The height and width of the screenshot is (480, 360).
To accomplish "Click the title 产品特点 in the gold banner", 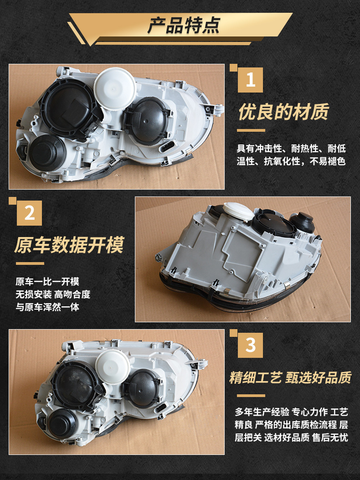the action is click(184, 26).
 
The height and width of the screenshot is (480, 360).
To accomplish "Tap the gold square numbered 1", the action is click(251, 80).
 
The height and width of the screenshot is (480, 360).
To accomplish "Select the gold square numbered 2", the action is click(29, 213).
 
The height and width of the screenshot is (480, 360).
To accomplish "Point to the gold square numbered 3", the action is click(251, 345).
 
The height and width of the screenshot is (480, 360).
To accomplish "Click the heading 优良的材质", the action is click(283, 112).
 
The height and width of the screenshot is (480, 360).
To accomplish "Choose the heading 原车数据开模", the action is click(69, 245).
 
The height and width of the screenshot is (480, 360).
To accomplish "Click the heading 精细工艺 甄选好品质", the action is click(290, 377).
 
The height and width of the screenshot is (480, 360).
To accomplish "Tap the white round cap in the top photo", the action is click(115, 88).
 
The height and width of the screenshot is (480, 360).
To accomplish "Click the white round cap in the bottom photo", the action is click(113, 366).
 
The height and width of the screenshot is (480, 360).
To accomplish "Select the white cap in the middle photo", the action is click(238, 211).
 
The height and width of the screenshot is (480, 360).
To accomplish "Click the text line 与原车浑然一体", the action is click(47, 307).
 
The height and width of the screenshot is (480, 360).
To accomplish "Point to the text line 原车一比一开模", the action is click(47, 281).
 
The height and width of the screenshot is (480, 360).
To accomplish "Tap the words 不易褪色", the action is click(328, 161).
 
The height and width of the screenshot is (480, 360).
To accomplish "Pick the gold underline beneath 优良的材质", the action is click(251, 130).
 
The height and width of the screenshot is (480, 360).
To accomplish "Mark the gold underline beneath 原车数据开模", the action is click(30, 263).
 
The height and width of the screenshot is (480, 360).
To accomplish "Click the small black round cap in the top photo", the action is click(47, 153).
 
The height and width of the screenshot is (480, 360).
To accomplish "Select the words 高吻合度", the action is click(72, 294).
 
